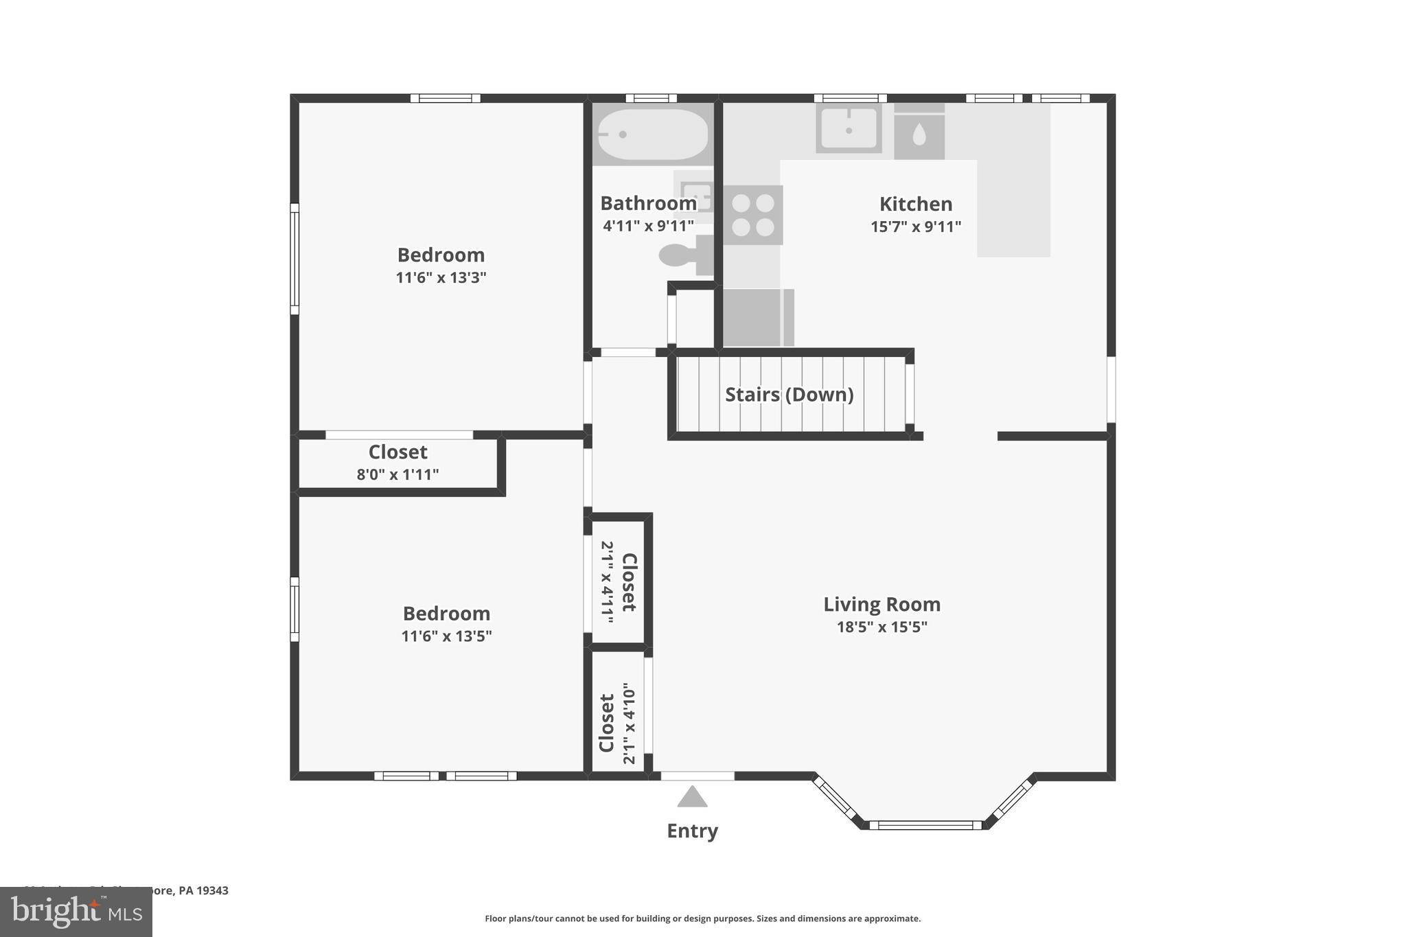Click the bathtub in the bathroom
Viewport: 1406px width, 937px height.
652,135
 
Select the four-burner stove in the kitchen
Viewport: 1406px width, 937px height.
753,215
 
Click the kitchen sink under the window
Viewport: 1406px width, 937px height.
849,128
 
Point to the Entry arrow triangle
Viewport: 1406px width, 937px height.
692,797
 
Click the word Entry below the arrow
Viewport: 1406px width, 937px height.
692,831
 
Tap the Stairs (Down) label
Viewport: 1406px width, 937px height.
790,395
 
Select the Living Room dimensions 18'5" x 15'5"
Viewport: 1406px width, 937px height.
881,627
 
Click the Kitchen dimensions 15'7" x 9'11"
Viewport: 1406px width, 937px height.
916,227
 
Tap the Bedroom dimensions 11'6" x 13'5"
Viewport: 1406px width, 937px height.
446,636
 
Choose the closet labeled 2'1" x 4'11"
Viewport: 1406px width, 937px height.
618,582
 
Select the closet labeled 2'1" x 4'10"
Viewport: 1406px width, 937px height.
617,723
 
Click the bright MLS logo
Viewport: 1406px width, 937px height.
76,912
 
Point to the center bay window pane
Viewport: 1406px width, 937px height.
925,825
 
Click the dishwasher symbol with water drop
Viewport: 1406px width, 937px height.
919,135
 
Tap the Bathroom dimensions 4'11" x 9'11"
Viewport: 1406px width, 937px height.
648,226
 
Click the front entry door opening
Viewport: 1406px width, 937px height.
698,776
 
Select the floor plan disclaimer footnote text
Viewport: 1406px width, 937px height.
702,918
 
